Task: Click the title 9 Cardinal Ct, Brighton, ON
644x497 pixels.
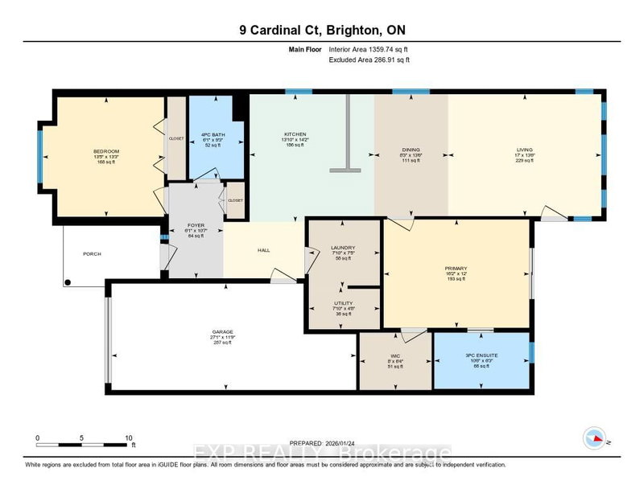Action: point(322,31)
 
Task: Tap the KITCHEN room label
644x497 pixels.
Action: point(295,134)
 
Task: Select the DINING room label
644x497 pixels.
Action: point(411,150)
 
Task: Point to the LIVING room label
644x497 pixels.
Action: point(524,150)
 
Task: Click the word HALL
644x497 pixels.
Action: point(263,250)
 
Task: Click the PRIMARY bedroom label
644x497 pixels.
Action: point(456,268)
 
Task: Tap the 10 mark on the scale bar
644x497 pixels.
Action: point(128,438)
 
